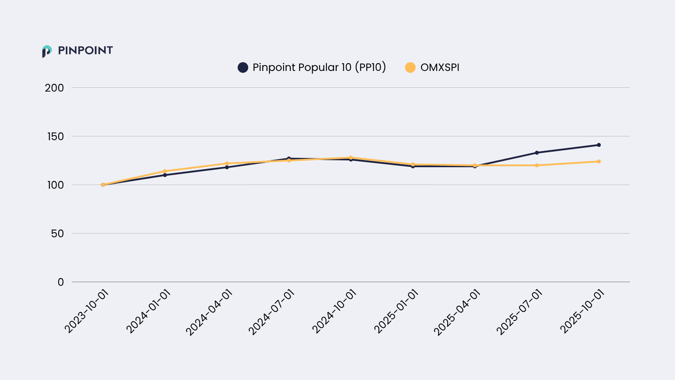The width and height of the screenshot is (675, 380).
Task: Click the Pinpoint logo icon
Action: (x=46, y=51)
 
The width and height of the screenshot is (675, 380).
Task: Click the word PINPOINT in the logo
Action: (x=85, y=51)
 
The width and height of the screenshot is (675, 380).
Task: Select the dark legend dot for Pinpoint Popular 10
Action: (x=243, y=68)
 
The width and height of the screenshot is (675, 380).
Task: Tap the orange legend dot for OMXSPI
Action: (x=410, y=68)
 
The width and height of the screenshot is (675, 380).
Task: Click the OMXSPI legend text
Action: (x=440, y=68)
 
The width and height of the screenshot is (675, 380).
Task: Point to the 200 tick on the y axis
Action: (x=54, y=88)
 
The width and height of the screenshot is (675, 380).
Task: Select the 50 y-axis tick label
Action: (x=57, y=233)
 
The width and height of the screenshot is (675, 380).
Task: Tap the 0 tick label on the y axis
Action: (x=61, y=282)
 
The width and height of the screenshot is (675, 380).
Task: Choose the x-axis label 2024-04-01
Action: (x=210, y=312)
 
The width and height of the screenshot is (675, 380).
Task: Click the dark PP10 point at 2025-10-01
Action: (x=599, y=145)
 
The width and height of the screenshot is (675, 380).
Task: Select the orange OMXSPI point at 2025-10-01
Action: (x=599, y=161)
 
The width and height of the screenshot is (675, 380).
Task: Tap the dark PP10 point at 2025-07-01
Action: (x=537, y=152)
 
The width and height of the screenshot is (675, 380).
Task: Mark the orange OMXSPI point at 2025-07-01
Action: (x=537, y=165)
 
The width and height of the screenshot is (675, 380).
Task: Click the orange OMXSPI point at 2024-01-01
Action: (x=165, y=171)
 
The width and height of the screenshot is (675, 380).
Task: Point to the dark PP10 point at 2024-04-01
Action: (x=227, y=167)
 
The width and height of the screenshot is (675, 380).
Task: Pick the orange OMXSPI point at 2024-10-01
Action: (x=351, y=157)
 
